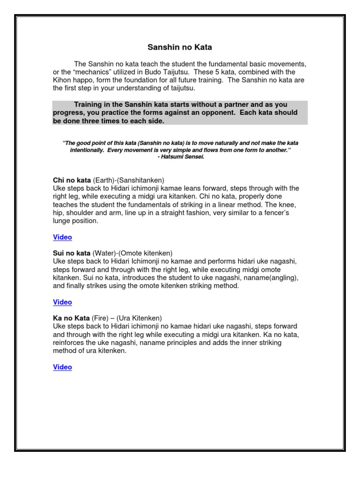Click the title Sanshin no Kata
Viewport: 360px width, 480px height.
(180, 47)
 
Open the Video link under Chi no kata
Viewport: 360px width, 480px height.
(62, 237)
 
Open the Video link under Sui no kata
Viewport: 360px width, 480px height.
(62, 302)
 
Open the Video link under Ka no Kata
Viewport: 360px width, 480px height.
(62, 367)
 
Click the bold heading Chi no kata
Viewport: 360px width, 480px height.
(72, 180)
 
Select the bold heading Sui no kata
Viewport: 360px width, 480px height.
(72, 253)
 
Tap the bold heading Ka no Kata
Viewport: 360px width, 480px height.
(71, 318)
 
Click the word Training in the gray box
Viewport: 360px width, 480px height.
(89, 105)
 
